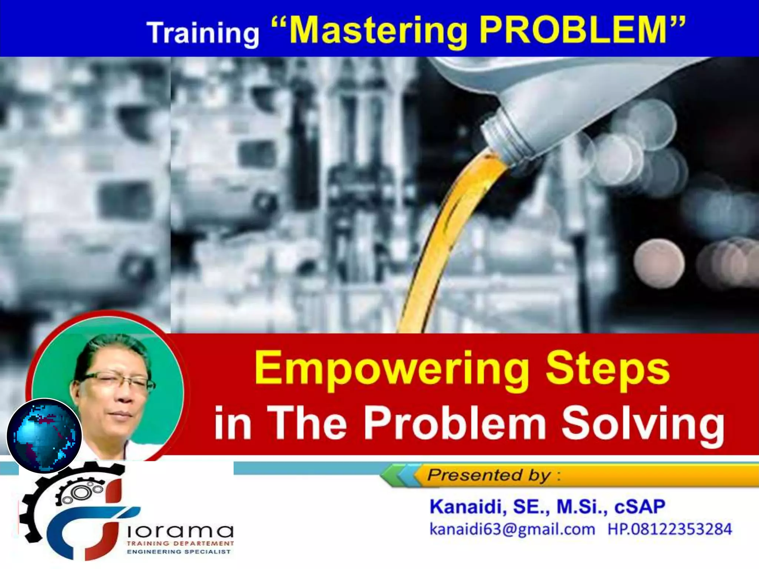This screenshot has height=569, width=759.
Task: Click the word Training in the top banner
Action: point(203,33)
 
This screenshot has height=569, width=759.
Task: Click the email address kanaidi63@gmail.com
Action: point(512,529)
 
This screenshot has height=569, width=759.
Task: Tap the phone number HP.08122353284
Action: point(669,529)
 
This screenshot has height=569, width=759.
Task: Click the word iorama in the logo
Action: point(180,531)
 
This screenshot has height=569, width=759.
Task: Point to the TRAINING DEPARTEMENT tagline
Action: point(180,543)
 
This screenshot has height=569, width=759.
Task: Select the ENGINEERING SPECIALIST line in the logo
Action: point(179,552)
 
